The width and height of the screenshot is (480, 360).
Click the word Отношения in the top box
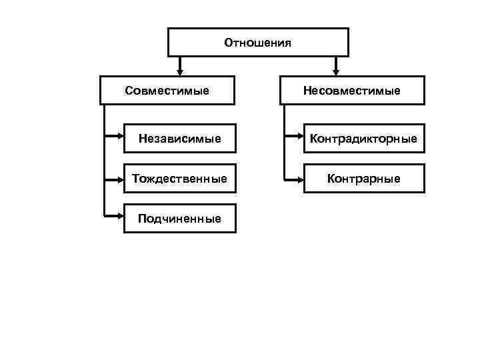[258, 43]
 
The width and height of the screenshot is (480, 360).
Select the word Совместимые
[167, 90]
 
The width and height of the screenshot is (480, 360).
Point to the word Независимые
[180, 139]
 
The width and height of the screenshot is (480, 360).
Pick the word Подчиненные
[180, 219]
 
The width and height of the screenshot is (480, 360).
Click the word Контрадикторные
[364, 139]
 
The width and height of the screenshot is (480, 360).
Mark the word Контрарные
[364, 179]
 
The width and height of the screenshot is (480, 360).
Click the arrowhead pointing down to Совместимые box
[180, 70]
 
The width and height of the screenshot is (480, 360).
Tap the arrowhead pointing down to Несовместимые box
[335, 70]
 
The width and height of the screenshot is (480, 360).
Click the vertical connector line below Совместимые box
[105, 160]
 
